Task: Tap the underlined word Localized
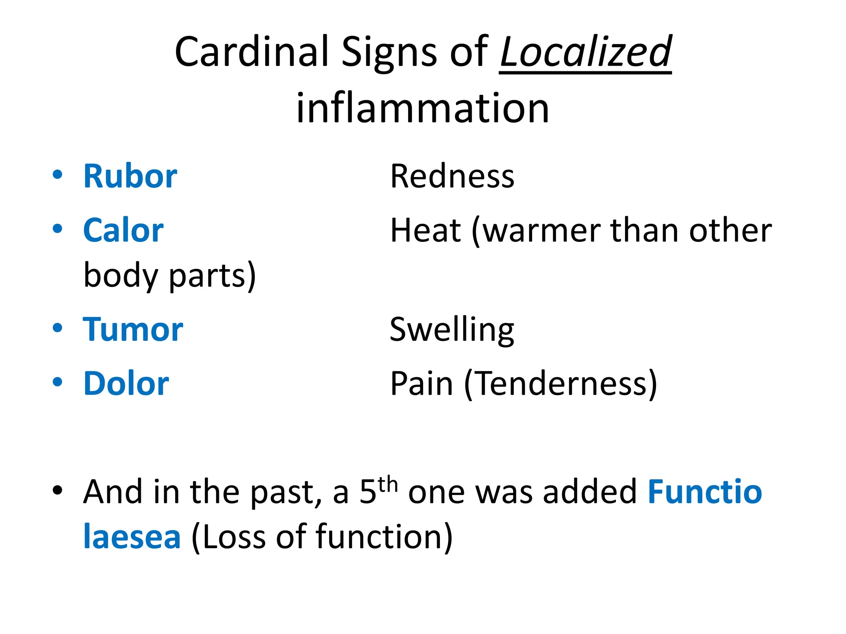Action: pyautogui.click(x=585, y=52)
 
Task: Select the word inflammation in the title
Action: pyautogui.click(x=423, y=108)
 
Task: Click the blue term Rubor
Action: pyautogui.click(x=130, y=176)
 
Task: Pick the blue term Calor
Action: pyautogui.click(x=123, y=230)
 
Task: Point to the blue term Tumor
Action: pyautogui.click(x=133, y=329)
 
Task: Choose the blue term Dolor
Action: pyautogui.click(x=126, y=383)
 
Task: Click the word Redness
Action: pyautogui.click(x=452, y=176)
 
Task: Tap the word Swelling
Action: pyautogui.click(x=452, y=329)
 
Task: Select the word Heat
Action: pyautogui.click(x=425, y=230)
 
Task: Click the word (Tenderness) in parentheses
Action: pyautogui.click(x=561, y=384)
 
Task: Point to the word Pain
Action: pyautogui.click(x=421, y=383)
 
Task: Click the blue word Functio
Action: pyautogui.click(x=704, y=492)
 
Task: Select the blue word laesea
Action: pyautogui.click(x=132, y=537)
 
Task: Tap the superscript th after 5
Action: pyautogui.click(x=387, y=484)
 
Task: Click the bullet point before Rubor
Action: pyautogui.click(x=57, y=175)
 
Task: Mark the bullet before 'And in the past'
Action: pyautogui.click(x=57, y=490)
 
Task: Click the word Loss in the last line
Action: pyautogui.click(x=234, y=537)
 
